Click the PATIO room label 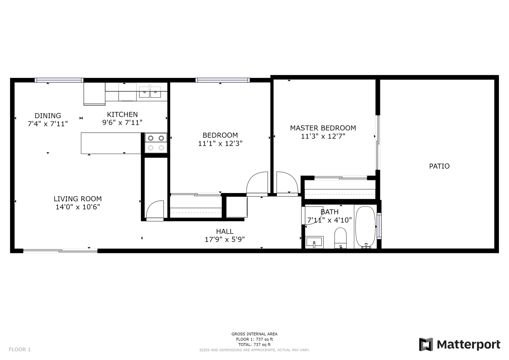tap(439, 166)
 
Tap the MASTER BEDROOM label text tap(323, 128)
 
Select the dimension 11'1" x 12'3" tap(220, 143)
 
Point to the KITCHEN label tap(122, 114)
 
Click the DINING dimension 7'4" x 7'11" tap(48, 124)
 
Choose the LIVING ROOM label tap(77, 199)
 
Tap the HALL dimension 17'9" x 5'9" tap(225, 240)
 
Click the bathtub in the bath tap(365, 227)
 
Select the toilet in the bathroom tap(340, 238)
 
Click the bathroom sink tap(314, 242)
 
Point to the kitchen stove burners tap(156, 143)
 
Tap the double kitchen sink tap(150, 92)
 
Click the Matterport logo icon tap(426, 344)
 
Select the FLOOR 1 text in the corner tap(20, 349)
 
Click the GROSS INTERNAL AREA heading tap(254, 334)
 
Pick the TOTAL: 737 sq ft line tap(254, 344)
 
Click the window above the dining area tap(59, 80)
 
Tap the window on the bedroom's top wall tap(222, 80)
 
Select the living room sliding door tap(60, 251)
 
